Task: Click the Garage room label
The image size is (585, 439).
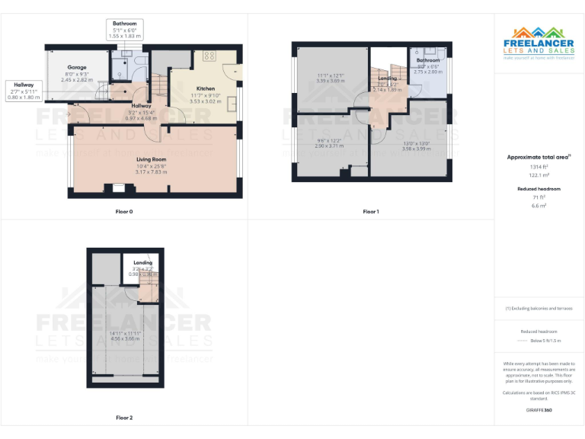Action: (x=77, y=67)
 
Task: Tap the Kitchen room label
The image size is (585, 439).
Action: (x=206, y=88)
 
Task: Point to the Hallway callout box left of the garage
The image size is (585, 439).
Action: (x=23, y=91)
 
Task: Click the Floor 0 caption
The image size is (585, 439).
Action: (x=124, y=210)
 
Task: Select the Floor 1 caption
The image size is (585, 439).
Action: (x=371, y=210)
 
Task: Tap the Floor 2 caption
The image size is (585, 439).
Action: (x=124, y=417)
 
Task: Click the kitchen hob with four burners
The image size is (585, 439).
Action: (x=209, y=56)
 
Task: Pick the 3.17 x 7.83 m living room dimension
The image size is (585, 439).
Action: (x=151, y=171)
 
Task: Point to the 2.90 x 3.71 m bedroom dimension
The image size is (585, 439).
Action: (x=331, y=145)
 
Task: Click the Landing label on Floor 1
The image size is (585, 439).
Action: (x=387, y=78)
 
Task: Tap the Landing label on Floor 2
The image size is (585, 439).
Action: (x=142, y=263)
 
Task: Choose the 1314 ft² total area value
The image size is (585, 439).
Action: (x=539, y=167)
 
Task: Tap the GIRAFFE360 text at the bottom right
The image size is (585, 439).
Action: (x=539, y=410)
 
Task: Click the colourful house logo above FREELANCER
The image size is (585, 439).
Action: (x=539, y=34)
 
